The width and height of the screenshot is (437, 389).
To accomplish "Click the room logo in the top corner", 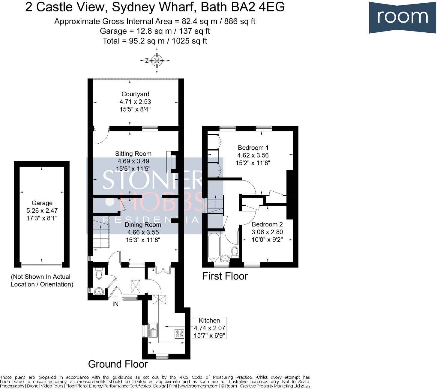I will pos(402,17).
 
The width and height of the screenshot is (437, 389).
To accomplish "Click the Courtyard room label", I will pos(135,94).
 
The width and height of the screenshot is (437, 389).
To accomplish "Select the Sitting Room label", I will pos(133,154).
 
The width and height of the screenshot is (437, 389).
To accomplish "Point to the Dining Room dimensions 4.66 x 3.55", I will pos(143,232).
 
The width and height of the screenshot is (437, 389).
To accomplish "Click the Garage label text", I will pos(42,203).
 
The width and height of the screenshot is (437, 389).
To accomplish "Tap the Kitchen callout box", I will pos(209,328).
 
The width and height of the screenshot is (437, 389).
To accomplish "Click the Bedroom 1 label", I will pos(253,148).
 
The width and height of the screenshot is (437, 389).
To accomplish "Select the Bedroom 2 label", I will pos(267,224).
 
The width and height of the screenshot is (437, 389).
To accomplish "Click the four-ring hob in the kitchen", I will pos(179,334).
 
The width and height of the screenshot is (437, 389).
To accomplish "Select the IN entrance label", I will pos(115,304).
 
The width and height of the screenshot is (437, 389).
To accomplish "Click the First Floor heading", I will pos(225,276).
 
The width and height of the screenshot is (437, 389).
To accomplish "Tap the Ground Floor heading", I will pos(118,364).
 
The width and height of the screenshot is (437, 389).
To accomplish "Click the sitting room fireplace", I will pos(172,162).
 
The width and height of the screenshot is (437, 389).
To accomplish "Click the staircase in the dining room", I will pos(101,234).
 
